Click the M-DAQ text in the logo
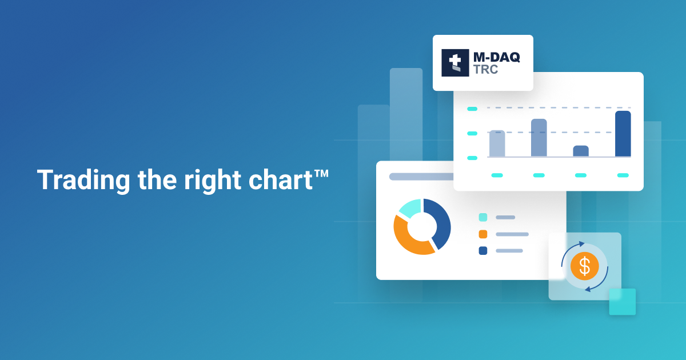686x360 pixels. point(496,57)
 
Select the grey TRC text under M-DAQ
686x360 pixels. point(485,70)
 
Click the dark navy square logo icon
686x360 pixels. point(455,63)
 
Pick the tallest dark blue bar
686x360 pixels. point(623,134)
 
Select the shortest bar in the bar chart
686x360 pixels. point(581,151)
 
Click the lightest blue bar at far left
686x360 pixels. point(497,143)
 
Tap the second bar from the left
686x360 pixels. point(539,138)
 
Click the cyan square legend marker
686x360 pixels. point(483,217)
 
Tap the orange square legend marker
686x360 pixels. point(483,234)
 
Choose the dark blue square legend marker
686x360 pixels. point(483,250)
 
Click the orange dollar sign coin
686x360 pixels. point(584,266)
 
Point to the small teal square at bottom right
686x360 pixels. point(622,302)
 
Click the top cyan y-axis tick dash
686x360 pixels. point(472,109)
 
